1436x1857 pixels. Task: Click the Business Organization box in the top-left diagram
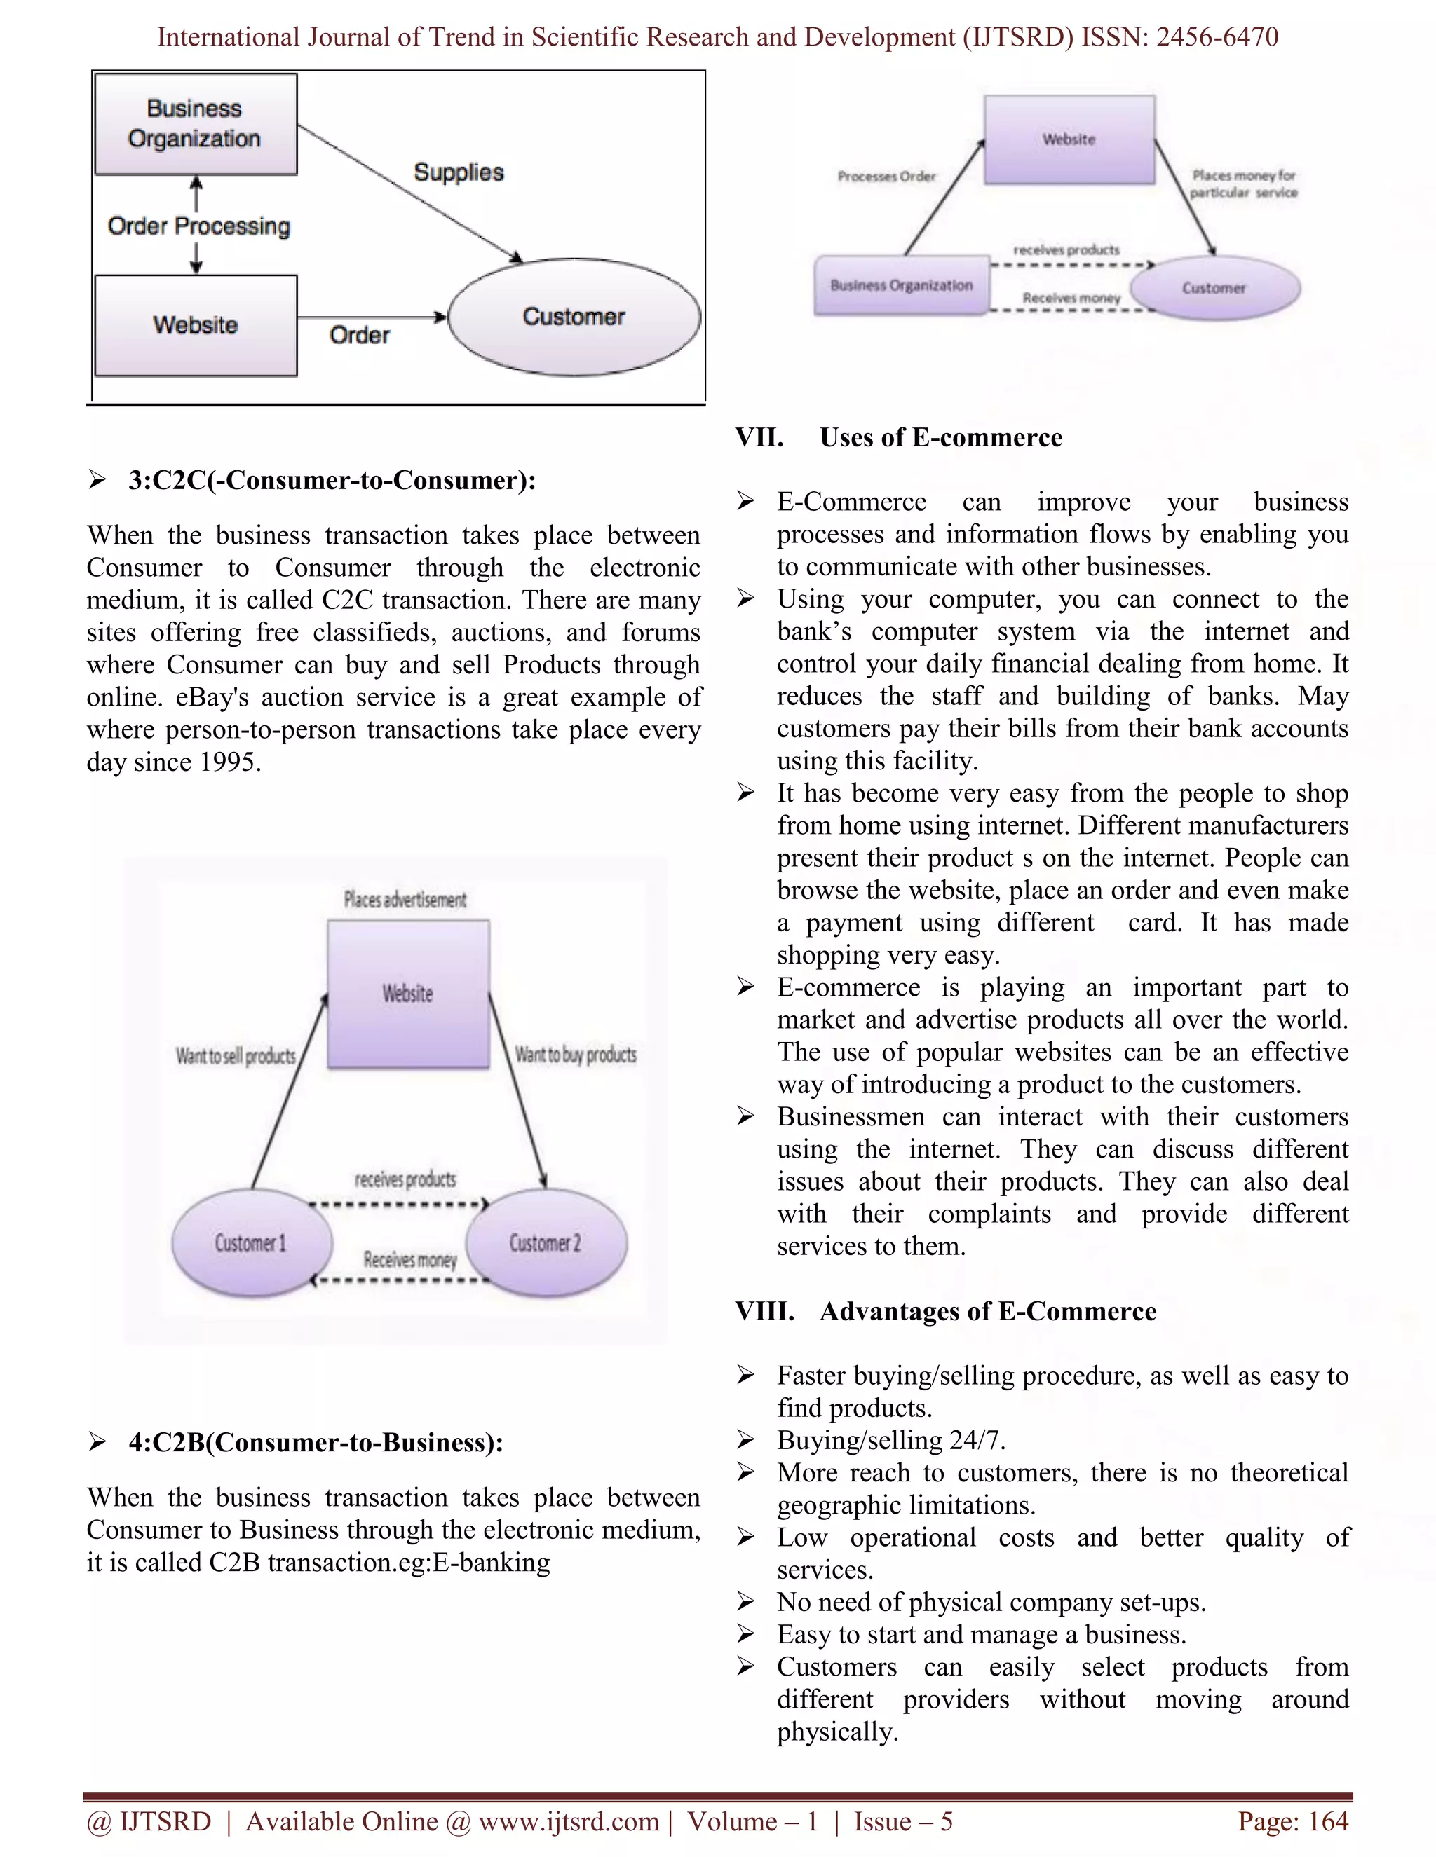196,124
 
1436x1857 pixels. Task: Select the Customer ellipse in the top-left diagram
574,317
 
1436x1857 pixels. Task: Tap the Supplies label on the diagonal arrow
459,172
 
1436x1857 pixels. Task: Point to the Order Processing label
199,226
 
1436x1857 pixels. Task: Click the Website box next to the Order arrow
196,325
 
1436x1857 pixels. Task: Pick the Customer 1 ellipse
251,1243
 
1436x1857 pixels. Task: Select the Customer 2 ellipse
546,1243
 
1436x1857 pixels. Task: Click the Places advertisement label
405,900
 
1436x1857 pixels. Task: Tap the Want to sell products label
236,1056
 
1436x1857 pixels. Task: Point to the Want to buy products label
576,1055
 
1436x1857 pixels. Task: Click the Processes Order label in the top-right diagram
886,177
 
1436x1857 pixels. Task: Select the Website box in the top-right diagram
1069,139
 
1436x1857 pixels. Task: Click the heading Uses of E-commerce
941,438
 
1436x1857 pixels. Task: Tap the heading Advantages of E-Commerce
988,1312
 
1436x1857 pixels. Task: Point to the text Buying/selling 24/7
890,1440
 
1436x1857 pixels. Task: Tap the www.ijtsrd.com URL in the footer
568,1821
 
